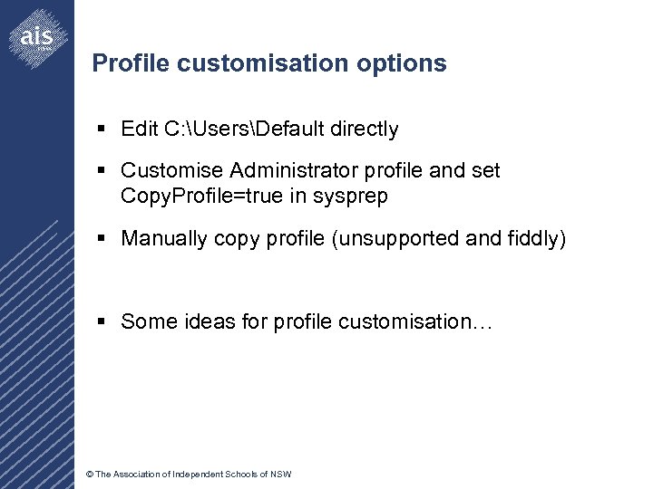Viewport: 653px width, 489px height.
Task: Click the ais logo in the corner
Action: pos(37,37)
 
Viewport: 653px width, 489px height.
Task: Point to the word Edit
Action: pos(140,129)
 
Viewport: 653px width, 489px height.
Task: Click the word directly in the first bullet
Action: pos(364,129)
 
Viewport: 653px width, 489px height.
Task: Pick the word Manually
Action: pos(164,239)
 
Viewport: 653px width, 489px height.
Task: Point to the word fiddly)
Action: pos(535,239)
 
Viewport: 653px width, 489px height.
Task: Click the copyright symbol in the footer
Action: pos(89,475)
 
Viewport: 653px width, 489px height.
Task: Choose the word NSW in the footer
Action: pos(280,475)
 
